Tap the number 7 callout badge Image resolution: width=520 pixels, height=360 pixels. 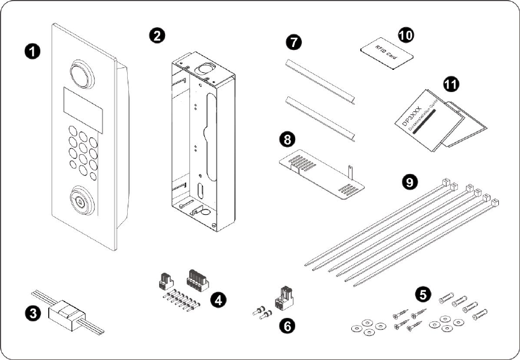coord(293,42)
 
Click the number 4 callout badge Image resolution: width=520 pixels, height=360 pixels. coord(219,299)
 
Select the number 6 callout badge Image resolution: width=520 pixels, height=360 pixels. coord(288,326)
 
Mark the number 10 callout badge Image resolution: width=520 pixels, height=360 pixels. coord(406,34)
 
